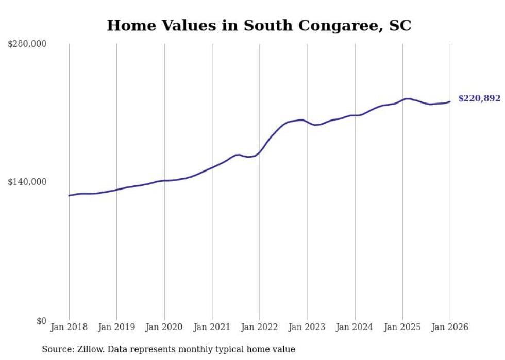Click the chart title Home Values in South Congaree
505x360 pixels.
pyautogui.click(x=259, y=26)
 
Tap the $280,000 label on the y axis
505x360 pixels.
pyautogui.click(x=27, y=44)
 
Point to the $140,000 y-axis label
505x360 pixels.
pyautogui.click(x=27, y=182)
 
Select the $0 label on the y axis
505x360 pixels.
pyautogui.click(x=41, y=321)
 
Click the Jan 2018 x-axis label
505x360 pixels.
pyautogui.click(x=69, y=327)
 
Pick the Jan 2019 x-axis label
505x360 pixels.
pyautogui.click(x=116, y=327)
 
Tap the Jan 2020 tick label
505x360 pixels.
pyautogui.click(x=164, y=327)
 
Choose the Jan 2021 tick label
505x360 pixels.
pyautogui.click(x=212, y=327)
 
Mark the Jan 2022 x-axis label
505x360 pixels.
pyautogui.click(x=260, y=327)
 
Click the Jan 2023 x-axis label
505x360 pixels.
pyautogui.click(x=307, y=327)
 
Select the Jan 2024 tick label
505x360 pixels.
pyautogui.click(x=355, y=327)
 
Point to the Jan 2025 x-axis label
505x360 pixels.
pyautogui.click(x=402, y=327)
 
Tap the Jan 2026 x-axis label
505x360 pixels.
pyautogui.click(x=450, y=327)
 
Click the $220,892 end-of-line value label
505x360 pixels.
pyautogui.click(x=479, y=98)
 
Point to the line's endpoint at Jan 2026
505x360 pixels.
pyautogui.click(x=450, y=101)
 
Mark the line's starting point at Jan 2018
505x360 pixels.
pyautogui.click(x=69, y=196)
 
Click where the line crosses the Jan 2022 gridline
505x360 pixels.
pyautogui.click(x=260, y=151)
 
